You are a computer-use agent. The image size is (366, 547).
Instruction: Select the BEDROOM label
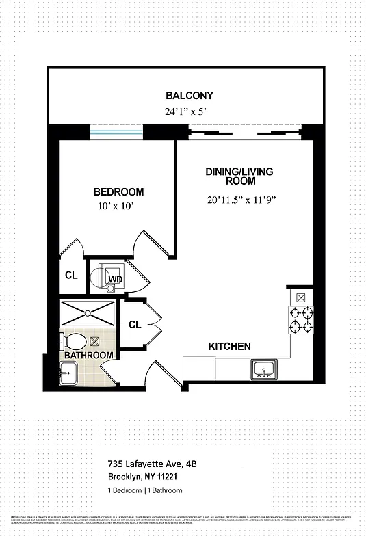pyautogui.click(x=118, y=192)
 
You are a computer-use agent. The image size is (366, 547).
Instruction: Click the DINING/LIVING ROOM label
pyautogui.click(x=231, y=176)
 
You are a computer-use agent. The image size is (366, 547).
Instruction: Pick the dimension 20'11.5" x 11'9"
pyautogui.click(x=236, y=200)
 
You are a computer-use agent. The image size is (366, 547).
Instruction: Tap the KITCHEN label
pyautogui.click(x=229, y=347)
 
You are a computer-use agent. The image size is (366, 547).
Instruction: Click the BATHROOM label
pyautogui.click(x=88, y=356)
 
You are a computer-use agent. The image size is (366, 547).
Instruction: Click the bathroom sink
pyautogui.click(x=67, y=373)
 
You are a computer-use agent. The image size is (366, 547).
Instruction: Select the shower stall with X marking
pyautogui.click(x=88, y=314)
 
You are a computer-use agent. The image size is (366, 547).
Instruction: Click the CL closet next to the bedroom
pyautogui.click(x=71, y=276)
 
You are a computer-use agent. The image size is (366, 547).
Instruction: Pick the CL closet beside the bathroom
pyautogui.click(x=134, y=325)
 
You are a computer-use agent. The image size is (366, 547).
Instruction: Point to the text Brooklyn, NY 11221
pyautogui.click(x=144, y=477)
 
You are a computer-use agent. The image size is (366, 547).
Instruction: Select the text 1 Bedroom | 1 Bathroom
pyautogui.click(x=144, y=491)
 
